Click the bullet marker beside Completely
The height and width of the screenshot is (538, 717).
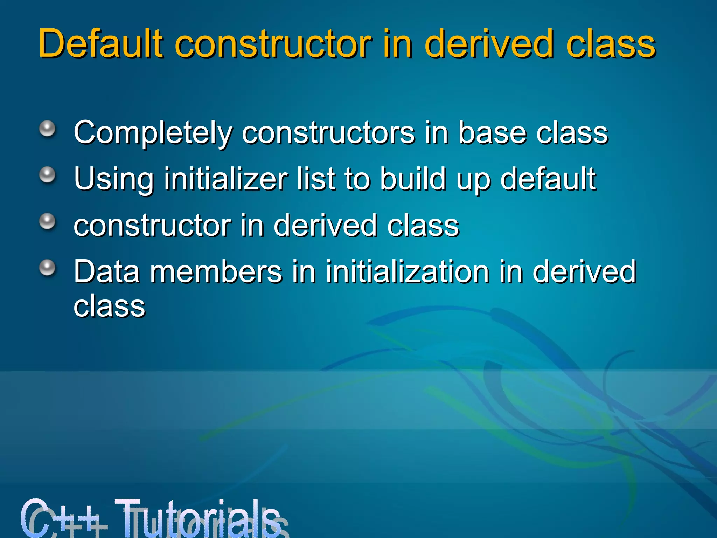click(x=47, y=129)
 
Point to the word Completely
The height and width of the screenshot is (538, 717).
click(x=153, y=133)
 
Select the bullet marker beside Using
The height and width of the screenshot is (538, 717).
click(x=47, y=175)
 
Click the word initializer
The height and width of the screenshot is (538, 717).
click(x=226, y=179)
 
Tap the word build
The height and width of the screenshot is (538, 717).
click(x=413, y=179)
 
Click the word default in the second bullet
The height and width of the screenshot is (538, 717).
click(x=548, y=179)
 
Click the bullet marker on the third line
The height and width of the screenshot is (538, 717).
click(x=47, y=221)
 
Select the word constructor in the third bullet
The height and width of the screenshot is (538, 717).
click(x=152, y=226)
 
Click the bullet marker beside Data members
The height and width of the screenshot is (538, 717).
click(x=47, y=268)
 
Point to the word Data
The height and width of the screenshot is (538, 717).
click(x=107, y=272)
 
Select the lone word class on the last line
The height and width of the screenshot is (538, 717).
click(x=109, y=306)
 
